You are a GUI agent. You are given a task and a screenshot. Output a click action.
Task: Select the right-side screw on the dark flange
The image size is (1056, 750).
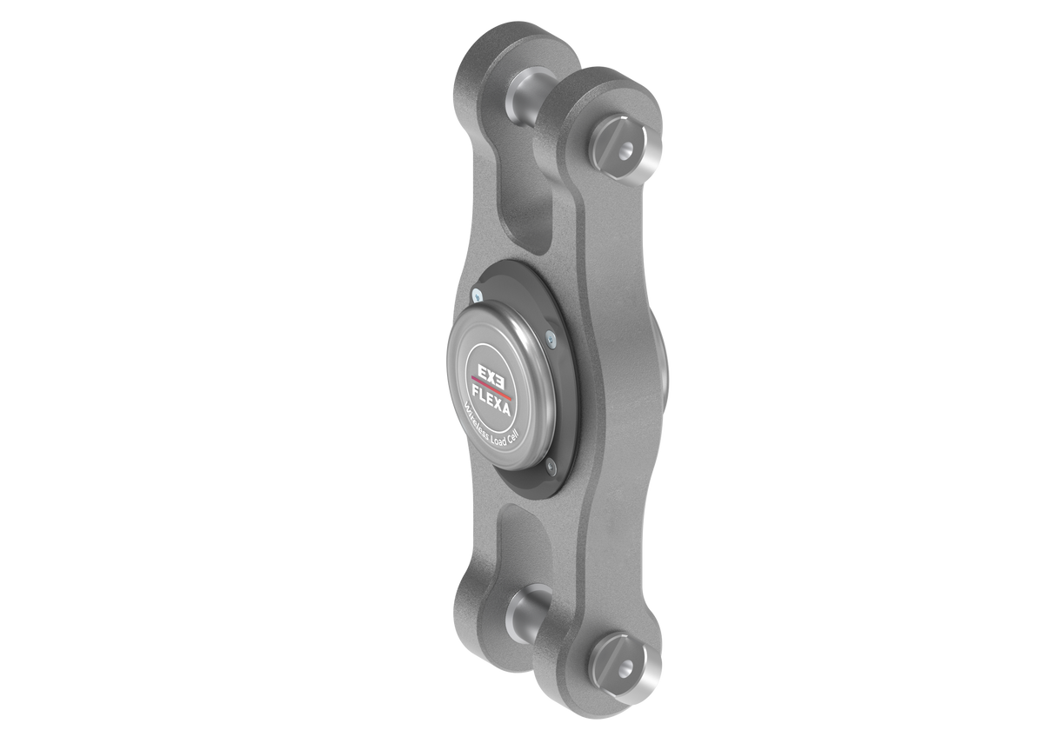click(550, 341)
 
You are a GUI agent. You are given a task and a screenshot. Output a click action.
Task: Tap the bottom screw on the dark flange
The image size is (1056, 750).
click(550, 470)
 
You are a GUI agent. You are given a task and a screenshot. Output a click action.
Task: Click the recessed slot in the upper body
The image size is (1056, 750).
click(527, 217)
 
